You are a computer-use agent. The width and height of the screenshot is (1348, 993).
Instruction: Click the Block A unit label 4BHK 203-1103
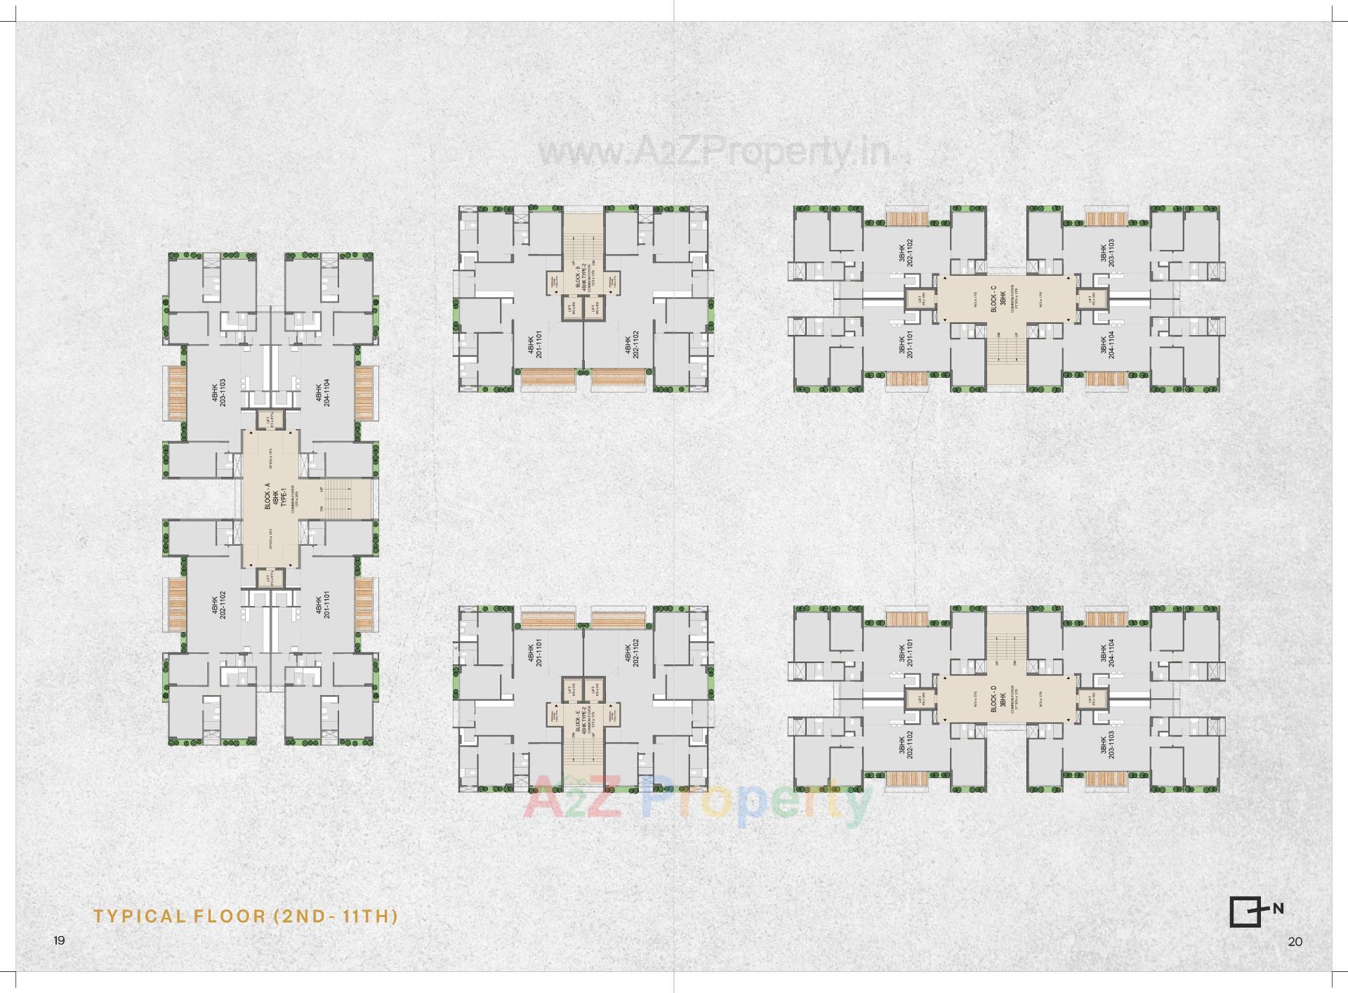point(218,393)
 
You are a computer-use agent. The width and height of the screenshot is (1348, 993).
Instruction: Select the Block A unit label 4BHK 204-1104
point(322,393)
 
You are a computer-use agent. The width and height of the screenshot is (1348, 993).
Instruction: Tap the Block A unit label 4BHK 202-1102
point(218,605)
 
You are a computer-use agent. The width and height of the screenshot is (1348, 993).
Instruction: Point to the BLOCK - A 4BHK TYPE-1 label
point(275,496)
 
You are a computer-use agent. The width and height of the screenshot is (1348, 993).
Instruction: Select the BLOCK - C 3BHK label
point(998,299)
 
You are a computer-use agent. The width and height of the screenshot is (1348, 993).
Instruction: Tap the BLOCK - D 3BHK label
point(998,699)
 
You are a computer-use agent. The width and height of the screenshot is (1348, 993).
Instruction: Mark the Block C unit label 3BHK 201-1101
point(906,345)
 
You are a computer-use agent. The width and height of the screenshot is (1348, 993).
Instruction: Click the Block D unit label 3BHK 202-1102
point(906,744)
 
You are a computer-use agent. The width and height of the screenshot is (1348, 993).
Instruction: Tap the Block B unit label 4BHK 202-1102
point(632,345)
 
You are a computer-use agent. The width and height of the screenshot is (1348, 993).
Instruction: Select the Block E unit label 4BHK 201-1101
point(535,652)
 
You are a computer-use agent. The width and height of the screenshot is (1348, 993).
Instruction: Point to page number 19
point(59,940)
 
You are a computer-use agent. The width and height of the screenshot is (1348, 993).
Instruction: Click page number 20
point(1295,942)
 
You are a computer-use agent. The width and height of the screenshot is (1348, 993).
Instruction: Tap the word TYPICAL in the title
point(140,916)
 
